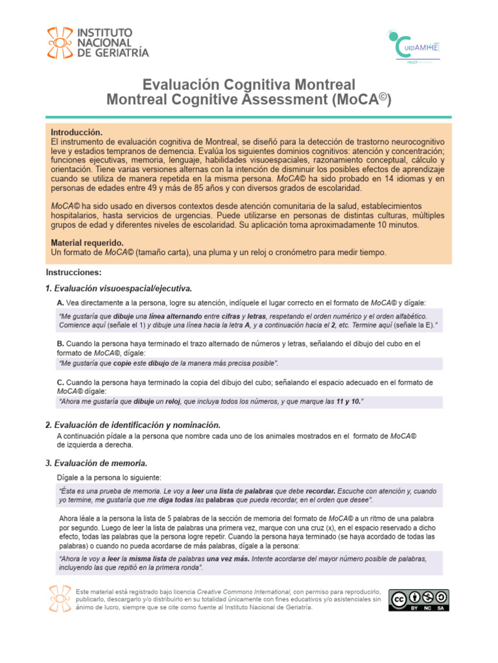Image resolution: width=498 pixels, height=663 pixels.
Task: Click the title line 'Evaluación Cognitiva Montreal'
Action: [248, 85]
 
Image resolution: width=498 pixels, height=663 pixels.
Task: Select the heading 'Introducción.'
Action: [77, 132]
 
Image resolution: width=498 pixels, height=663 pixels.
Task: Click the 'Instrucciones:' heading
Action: [74, 272]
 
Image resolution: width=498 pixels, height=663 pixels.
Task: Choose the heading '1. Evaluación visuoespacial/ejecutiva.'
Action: [119, 288]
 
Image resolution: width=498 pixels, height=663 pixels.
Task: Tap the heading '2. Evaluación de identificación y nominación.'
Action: [133, 425]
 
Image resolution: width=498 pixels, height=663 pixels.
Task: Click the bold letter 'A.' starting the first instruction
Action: [60, 303]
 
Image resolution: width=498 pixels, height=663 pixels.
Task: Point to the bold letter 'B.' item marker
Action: [60, 343]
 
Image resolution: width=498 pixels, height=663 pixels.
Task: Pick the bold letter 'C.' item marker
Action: [60, 383]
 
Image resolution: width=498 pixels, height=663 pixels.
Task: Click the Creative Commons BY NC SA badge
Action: [418, 600]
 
